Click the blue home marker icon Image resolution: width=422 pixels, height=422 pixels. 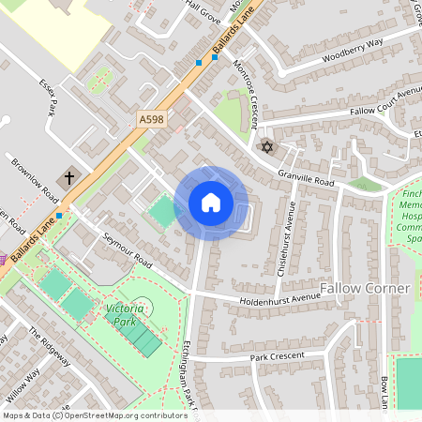(210, 203)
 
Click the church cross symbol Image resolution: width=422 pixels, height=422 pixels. (69, 177)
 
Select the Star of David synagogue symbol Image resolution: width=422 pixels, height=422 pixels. (266, 147)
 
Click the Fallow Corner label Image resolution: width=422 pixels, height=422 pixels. (366, 286)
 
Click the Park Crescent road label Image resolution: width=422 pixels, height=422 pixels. (277, 357)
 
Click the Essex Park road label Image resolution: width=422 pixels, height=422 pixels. (49, 97)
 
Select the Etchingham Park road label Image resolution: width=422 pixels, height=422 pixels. (191, 375)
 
